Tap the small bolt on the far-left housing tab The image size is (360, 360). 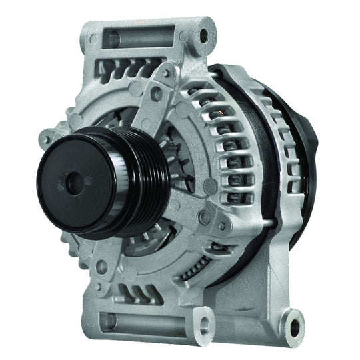(46, 138)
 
